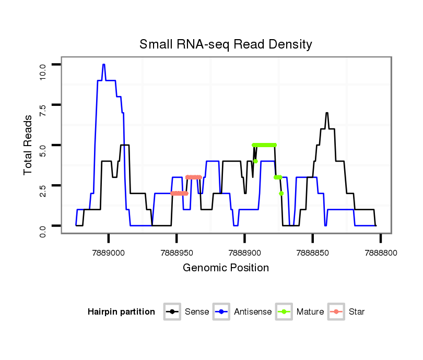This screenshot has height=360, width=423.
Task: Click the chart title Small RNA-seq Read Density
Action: coord(226,44)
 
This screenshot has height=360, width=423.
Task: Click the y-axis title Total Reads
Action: coord(28,145)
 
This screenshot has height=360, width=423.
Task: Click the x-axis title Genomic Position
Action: coord(226,268)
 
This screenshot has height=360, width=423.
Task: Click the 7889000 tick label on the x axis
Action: coord(109,253)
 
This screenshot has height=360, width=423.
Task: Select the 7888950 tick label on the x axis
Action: coord(177,253)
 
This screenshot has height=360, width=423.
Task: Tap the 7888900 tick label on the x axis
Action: coord(244,253)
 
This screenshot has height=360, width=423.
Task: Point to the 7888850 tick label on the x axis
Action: coord(312,253)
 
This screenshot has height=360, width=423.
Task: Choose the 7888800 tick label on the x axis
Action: coord(380,253)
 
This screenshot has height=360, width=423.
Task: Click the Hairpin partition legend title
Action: coord(121,312)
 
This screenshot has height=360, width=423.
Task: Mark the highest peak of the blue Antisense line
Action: coord(104,65)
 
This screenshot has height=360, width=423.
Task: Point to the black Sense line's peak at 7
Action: coord(326,113)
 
